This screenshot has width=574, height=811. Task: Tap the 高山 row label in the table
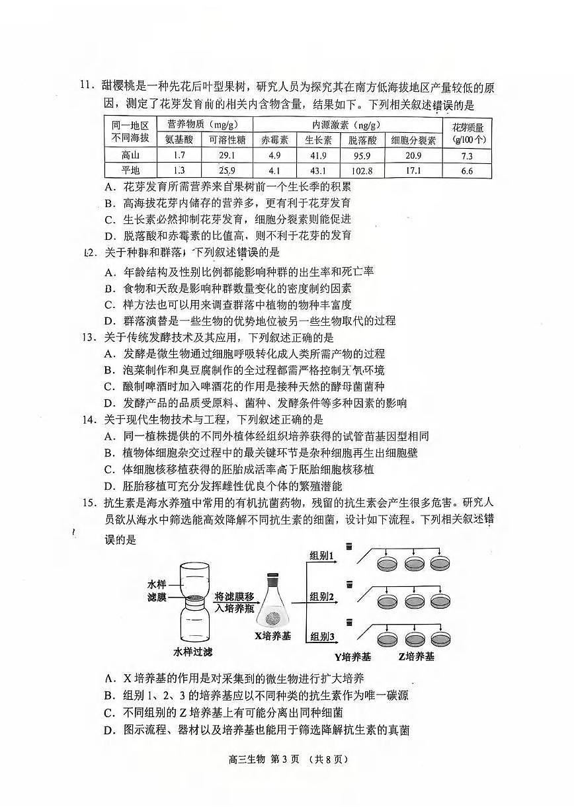click(130, 156)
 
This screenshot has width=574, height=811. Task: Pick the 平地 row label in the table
click(130, 172)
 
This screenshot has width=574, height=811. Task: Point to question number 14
click(88, 420)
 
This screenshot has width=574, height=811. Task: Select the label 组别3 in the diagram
click(322, 637)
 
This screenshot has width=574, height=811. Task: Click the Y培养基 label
click(352, 656)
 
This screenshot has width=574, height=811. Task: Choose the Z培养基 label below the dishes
click(416, 656)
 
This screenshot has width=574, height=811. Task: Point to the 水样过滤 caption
click(193, 652)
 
